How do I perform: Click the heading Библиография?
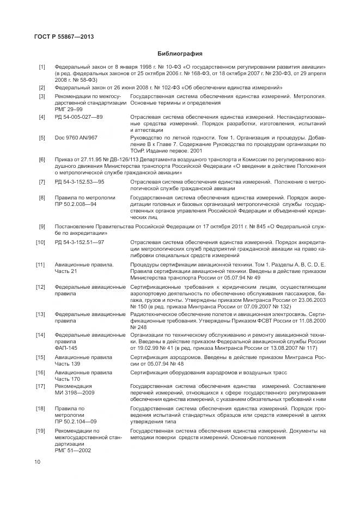tap(180, 53)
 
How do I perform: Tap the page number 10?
tap(36, 462)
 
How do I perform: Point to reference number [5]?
tap(41, 138)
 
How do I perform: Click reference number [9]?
tap(41, 226)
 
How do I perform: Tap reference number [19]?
tap(40, 431)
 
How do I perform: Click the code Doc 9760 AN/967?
tap(76, 138)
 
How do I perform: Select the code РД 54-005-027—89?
tap(79, 117)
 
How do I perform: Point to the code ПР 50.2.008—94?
tap(80, 203)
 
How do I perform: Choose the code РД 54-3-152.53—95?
tap(80, 181)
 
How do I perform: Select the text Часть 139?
tap(68, 363)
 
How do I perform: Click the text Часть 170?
tap(68, 379)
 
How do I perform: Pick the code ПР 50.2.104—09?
tap(76, 421)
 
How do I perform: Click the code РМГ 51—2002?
tap(73, 451)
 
